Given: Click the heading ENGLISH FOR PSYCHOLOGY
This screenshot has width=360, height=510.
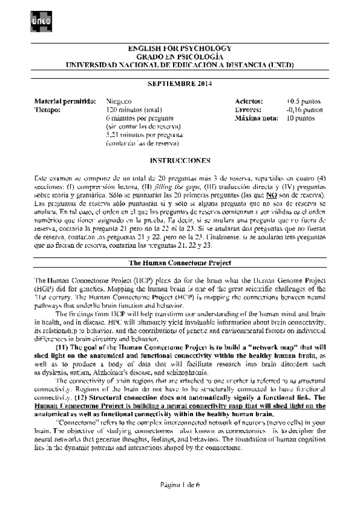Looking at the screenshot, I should (180, 48).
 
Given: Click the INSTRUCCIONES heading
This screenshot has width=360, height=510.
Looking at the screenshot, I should (180, 161).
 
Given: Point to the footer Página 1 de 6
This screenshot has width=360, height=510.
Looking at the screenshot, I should (180, 484).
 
